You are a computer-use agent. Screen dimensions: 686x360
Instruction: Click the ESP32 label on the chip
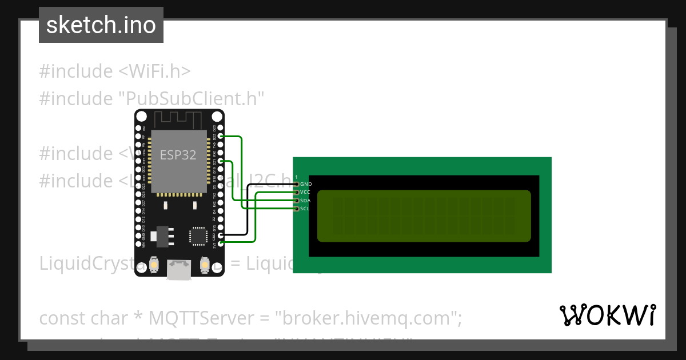click(178, 155)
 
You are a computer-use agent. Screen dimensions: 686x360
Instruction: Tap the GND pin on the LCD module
click(296, 184)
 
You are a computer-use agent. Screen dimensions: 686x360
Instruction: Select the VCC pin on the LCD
click(296, 193)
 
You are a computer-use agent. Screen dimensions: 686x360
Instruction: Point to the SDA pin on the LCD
click(296, 201)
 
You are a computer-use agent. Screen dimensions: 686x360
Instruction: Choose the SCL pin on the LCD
click(296, 209)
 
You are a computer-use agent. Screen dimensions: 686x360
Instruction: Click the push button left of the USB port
click(153, 265)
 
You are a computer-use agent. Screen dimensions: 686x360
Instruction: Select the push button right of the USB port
click(205, 265)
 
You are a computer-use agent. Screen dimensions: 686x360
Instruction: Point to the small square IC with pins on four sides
click(198, 235)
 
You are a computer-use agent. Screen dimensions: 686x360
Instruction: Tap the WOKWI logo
click(607, 315)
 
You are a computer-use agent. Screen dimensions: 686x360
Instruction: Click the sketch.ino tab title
click(101, 25)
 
